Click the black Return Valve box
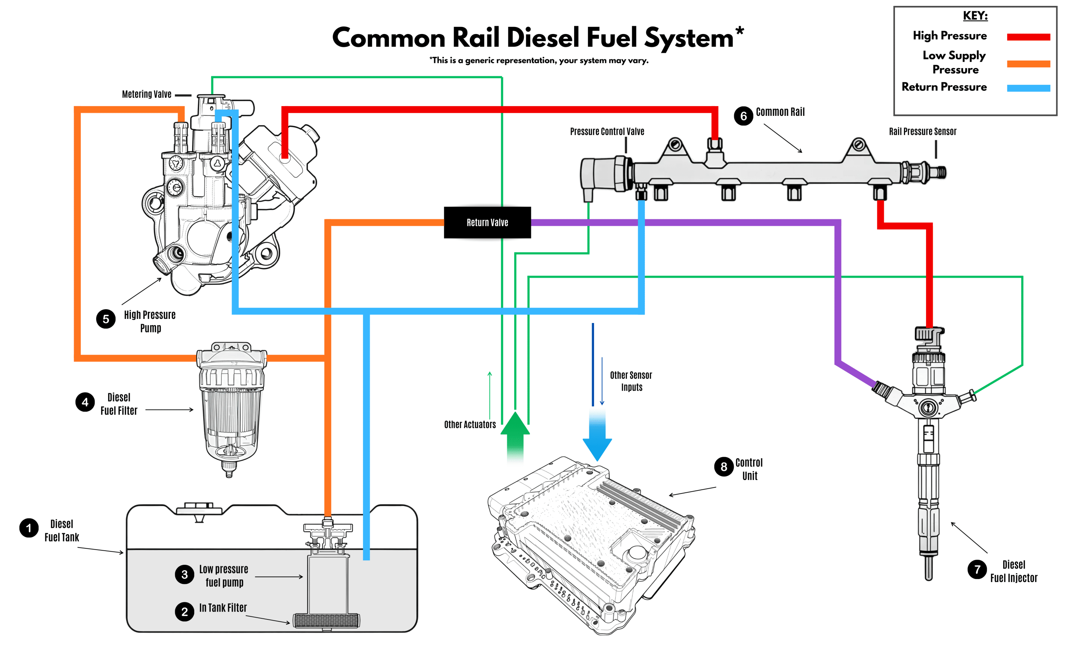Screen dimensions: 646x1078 [487, 222]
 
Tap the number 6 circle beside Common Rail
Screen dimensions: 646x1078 [743, 116]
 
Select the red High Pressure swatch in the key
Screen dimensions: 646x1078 [1028, 37]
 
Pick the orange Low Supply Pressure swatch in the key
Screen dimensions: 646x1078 [1028, 64]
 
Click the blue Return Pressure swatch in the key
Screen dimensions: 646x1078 [1028, 88]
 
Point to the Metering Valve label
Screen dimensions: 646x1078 [146, 95]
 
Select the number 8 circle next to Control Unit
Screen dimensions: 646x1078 [724, 467]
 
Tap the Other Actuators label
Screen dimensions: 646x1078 [470, 424]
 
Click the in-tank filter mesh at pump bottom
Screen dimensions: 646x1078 [326, 620]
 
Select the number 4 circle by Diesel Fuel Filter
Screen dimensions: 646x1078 [85, 402]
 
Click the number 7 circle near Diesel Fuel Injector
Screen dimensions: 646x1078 [977, 569]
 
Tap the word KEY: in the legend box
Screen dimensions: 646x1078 [975, 16]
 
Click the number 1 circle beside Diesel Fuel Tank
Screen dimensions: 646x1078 [29, 528]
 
